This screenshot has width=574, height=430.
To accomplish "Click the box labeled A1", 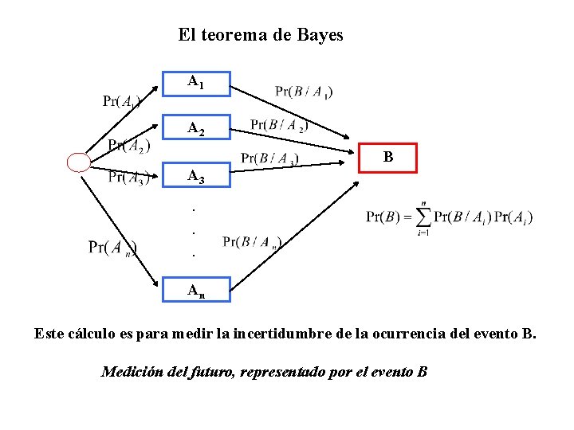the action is coord(196,82).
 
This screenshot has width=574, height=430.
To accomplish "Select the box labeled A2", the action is coord(196,128).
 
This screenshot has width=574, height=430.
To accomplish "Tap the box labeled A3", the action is coord(196,176).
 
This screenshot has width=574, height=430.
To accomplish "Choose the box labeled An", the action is coord(196,290).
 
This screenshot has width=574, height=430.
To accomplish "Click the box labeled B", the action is coord(388,158).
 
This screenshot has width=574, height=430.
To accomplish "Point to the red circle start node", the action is coord(79,163).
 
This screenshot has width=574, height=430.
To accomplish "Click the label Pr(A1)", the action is coord(123,101).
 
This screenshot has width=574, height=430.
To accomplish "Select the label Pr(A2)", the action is coord(129,145).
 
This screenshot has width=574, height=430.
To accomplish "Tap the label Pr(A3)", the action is coord(128,177).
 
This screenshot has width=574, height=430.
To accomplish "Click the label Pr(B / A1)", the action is coord(304,92).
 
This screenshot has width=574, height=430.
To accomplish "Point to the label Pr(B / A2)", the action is coord(280,124).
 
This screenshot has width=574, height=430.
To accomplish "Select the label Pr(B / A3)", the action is coord(270,158).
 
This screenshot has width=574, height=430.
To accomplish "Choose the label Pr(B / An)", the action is coord(252,242).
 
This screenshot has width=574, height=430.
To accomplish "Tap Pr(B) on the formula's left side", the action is coord(383,217).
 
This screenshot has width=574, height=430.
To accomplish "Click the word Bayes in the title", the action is coord(320,35).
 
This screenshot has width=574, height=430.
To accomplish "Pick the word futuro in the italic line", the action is coord(210,372).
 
